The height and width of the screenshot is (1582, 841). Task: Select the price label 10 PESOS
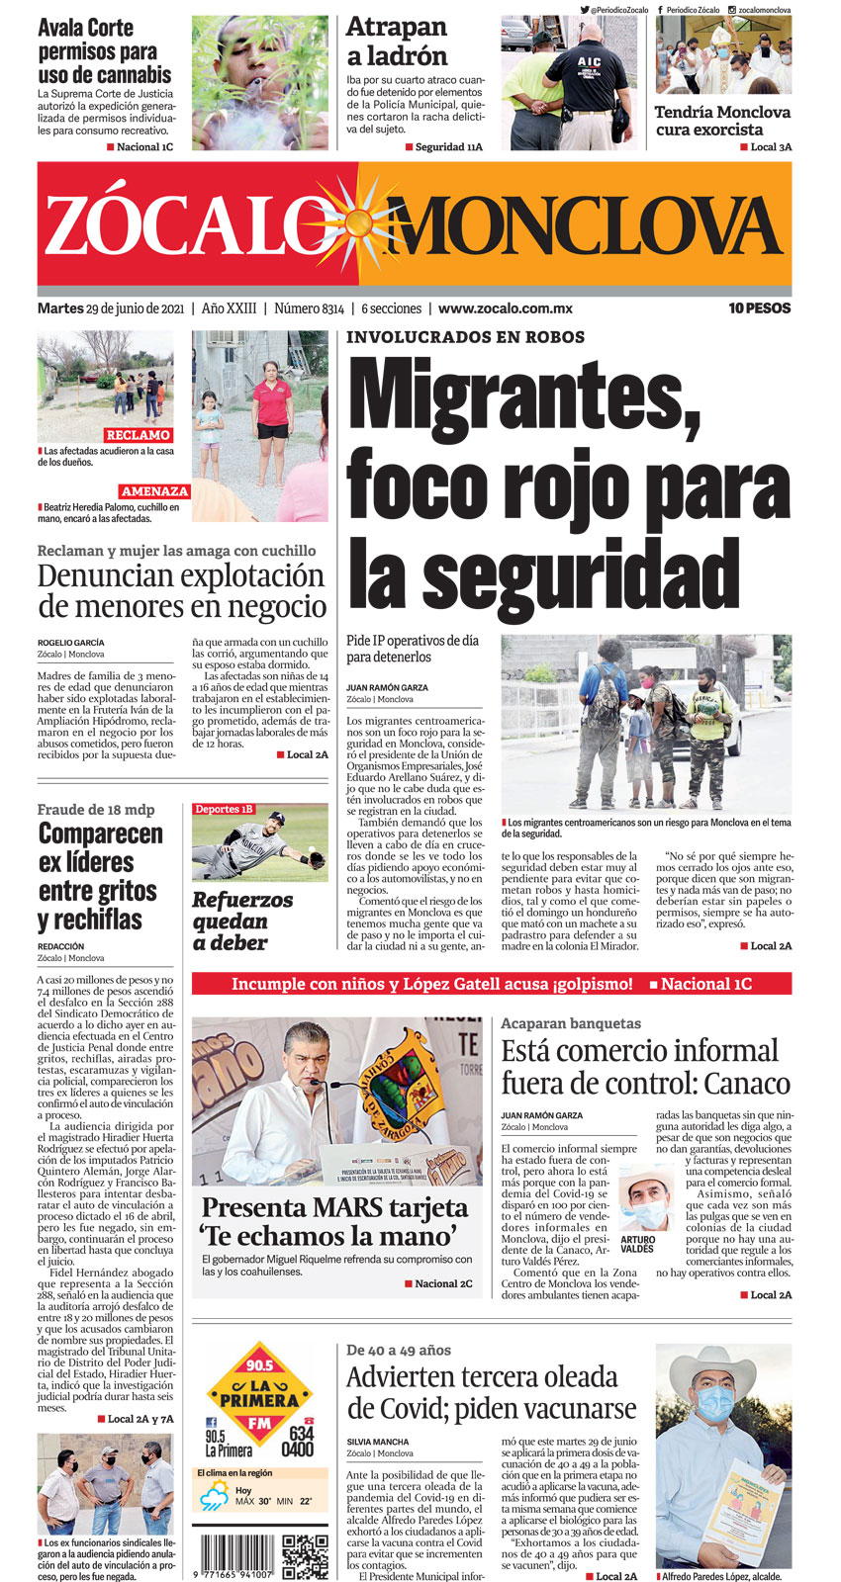point(759,308)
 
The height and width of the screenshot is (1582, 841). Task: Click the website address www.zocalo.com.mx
point(505,308)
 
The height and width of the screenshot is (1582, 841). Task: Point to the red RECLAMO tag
point(139,435)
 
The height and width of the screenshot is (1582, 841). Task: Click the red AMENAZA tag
point(154,491)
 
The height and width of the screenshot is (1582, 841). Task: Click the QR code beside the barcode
point(305,1555)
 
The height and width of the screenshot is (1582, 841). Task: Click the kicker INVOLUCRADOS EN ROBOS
point(465,337)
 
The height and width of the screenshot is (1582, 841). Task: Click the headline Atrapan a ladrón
point(397,42)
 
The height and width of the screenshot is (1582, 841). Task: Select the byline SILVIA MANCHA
point(378,1442)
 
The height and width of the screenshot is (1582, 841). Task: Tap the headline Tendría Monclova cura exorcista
point(722,121)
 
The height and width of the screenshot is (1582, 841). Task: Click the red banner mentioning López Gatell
point(492,984)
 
